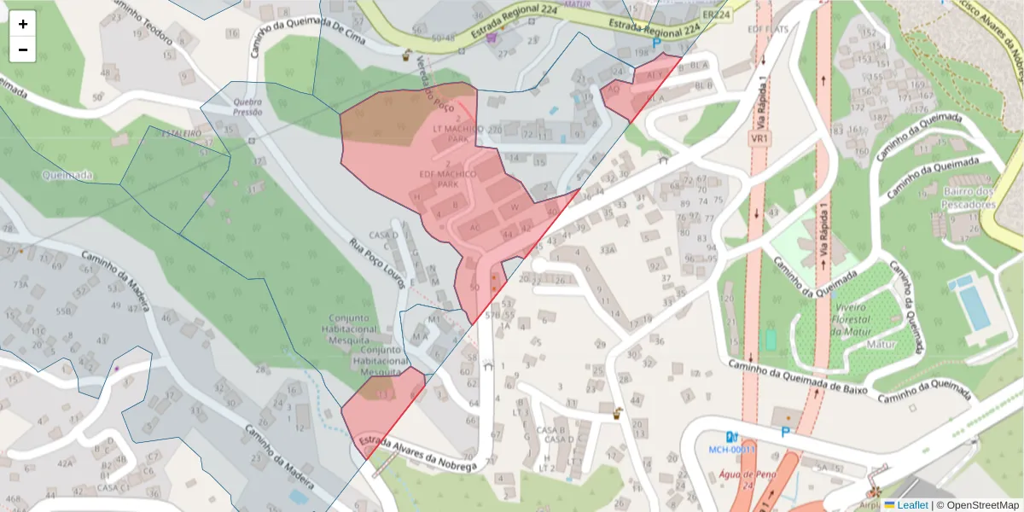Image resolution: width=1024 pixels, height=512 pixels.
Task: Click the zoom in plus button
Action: coord(23,24)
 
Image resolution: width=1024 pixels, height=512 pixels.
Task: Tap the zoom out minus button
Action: coord(23,49)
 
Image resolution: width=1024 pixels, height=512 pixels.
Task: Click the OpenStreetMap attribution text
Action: coord(977,505)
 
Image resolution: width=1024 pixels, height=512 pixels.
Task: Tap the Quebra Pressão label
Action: coord(247,106)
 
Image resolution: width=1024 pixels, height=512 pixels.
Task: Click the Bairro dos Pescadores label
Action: coord(969,198)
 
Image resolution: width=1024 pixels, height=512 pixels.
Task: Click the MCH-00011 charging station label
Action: coord(732,449)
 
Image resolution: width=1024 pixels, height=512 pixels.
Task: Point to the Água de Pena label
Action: coord(747,480)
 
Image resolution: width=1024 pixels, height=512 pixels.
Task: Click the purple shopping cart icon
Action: coord(491,37)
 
